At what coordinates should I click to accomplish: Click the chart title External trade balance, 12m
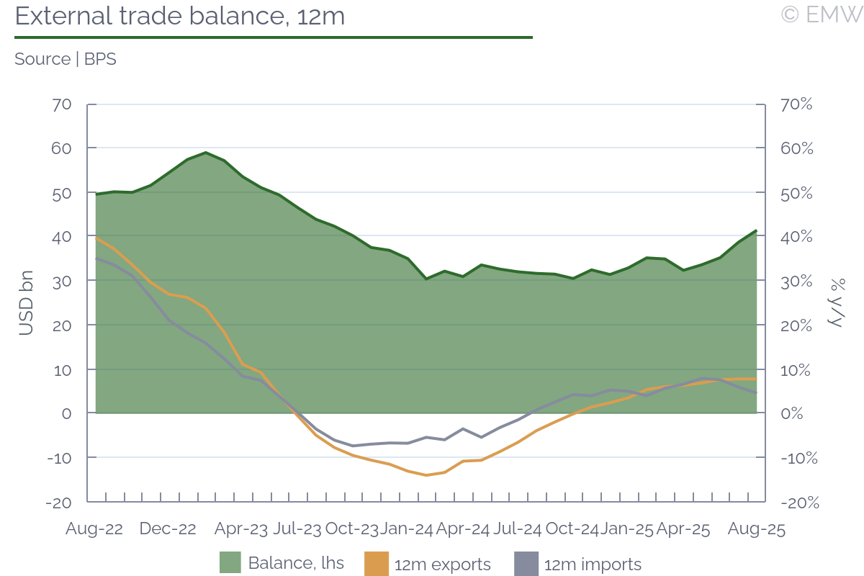[x=180, y=16]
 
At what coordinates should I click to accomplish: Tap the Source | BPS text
[x=66, y=59]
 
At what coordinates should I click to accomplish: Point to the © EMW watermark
[x=822, y=14]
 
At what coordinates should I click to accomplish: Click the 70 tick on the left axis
[x=62, y=104]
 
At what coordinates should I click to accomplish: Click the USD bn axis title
[x=26, y=302]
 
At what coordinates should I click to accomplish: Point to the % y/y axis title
[x=837, y=302]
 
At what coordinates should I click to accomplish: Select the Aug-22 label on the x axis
[x=94, y=529]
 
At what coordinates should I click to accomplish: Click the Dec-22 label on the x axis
[x=168, y=529]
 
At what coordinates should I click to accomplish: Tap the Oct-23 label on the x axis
[x=351, y=529]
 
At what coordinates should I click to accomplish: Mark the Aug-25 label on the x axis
[x=756, y=529]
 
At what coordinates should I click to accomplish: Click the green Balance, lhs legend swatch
[x=230, y=563]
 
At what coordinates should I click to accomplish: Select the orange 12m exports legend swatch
[x=377, y=563]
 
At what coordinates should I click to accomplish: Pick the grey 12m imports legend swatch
[x=526, y=563]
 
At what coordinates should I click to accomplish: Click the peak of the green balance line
[x=206, y=153]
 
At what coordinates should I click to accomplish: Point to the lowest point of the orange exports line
[x=426, y=475]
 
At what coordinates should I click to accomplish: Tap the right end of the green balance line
[x=756, y=230]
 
